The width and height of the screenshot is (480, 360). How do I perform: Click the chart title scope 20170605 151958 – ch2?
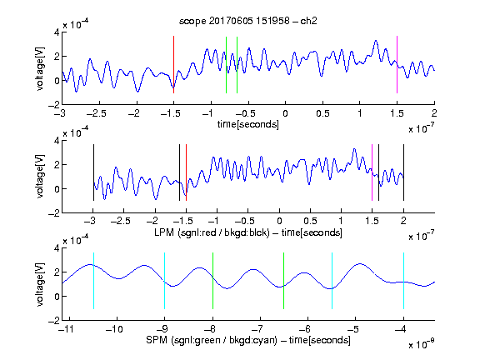[x=248, y=21]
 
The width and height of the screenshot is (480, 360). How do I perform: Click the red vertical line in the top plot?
[x=173, y=65]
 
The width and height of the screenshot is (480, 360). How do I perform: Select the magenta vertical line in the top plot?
[x=397, y=65]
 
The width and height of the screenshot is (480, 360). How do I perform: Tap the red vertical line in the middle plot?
[x=186, y=172]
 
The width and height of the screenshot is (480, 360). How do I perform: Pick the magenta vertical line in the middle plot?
[x=372, y=172]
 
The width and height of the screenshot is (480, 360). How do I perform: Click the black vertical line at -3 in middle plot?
[x=93, y=172]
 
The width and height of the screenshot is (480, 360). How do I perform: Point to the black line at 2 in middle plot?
[x=403, y=172]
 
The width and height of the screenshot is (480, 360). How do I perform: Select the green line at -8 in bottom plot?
[x=212, y=281]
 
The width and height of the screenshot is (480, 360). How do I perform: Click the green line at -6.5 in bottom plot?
[x=284, y=281]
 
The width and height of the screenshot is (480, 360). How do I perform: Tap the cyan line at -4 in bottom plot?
[x=403, y=281]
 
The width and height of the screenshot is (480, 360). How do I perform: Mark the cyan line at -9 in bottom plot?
[x=164, y=281]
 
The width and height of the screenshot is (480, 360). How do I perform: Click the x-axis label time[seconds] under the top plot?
[x=248, y=124]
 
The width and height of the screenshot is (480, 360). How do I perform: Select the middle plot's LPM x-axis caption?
[x=248, y=232]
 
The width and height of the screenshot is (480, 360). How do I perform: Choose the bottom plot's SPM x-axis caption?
[x=248, y=340]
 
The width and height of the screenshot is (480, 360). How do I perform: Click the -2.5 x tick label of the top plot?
[x=97, y=113]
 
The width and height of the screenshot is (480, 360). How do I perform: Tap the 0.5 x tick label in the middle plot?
[x=310, y=221]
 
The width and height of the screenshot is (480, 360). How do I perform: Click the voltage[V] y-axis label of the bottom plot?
[x=40, y=284]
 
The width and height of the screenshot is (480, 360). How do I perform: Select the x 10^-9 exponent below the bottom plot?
[x=421, y=344]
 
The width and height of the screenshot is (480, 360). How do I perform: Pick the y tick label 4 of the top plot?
[x=57, y=32]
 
